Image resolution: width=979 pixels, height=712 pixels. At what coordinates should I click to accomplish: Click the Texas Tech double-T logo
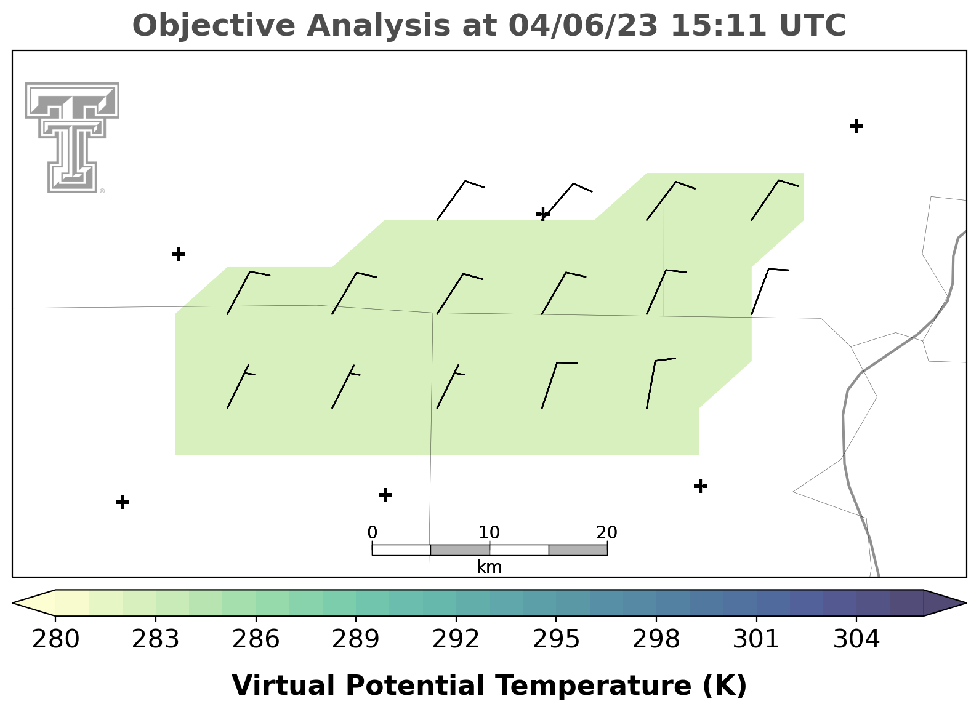click(71, 138)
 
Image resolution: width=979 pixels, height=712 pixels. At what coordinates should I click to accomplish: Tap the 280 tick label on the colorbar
click(55, 639)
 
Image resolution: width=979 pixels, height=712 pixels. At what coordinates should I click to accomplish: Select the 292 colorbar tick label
click(456, 639)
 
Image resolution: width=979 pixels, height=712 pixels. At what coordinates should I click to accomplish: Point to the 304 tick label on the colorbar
click(856, 639)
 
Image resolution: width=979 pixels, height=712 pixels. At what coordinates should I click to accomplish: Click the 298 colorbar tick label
click(656, 639)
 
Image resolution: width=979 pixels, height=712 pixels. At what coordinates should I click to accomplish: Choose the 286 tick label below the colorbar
click(256, 639)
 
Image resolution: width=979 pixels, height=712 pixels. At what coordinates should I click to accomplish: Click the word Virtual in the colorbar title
click(283, 685)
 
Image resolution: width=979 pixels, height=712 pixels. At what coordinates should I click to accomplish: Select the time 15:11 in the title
click(719, 25)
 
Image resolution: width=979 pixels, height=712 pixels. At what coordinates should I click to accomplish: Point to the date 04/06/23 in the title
click(583, 25)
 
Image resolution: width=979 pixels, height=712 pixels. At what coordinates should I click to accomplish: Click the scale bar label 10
click(489, 532)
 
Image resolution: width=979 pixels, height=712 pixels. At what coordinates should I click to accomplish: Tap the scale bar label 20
click(606, 532)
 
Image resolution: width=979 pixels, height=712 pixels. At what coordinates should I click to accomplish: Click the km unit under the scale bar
click(489, 567)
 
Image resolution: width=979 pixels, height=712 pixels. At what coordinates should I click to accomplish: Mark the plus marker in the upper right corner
click(856, 126)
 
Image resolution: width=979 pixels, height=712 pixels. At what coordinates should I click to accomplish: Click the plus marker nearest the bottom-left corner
click(123, 502)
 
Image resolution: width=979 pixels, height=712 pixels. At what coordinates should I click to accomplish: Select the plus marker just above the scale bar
click(385, 495)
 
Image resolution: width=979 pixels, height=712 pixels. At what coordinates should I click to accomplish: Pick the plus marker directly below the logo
click(179, 254)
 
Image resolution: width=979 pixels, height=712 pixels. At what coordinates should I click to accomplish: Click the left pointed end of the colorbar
click(13, 603)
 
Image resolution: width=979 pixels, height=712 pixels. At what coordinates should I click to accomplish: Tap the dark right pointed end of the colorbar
click(965, 603)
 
